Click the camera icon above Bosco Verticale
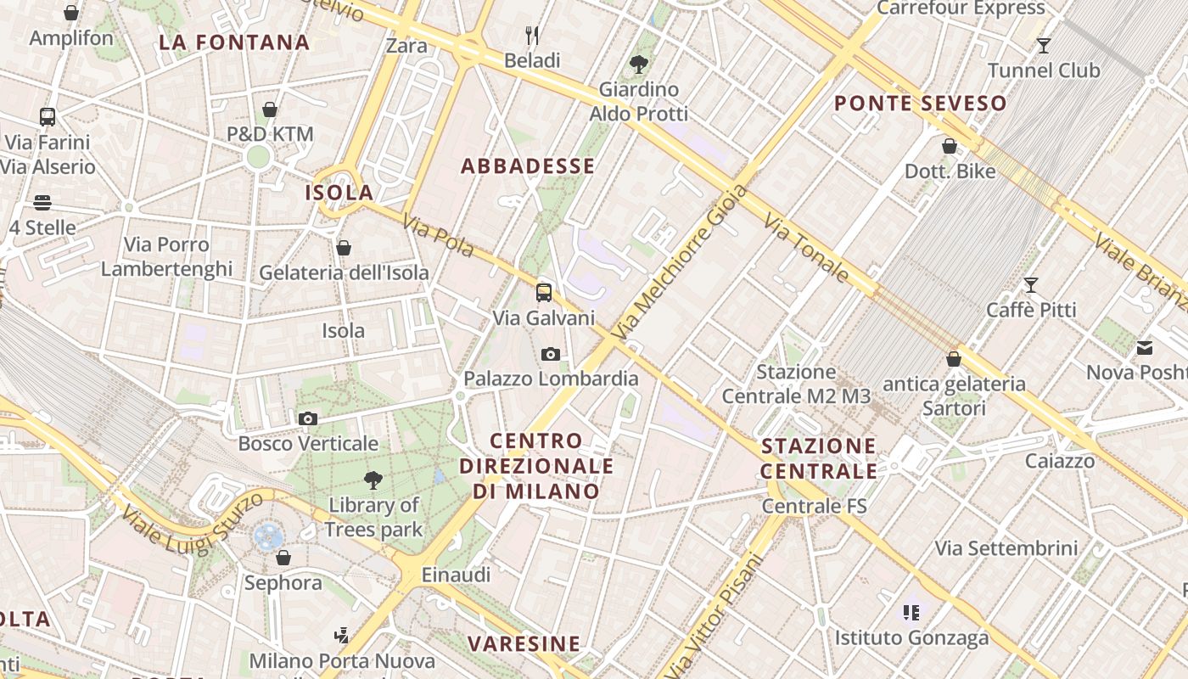308,418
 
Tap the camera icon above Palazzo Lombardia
551,354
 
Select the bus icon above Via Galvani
544,293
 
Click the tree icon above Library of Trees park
373,480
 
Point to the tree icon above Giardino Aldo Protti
638,64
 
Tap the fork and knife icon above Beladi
532,36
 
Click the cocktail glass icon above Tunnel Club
1044,46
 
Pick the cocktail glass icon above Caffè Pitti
1031,285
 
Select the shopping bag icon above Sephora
283,558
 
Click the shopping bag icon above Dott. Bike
950,146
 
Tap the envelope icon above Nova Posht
1145,347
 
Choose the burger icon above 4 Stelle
42,203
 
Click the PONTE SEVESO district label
921,104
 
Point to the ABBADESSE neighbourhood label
528,166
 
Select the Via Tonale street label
806,248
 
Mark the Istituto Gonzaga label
911,637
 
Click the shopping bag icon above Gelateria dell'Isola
344,248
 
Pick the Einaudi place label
456,575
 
